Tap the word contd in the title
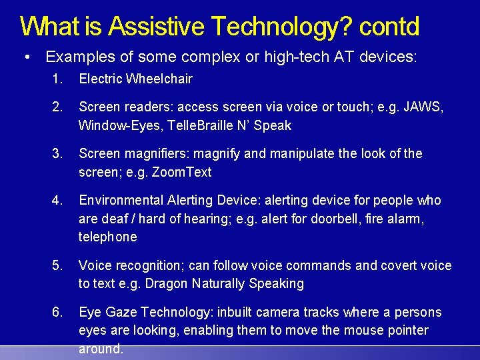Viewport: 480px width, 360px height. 389,26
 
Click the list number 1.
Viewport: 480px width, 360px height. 57,79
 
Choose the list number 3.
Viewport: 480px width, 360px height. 57,154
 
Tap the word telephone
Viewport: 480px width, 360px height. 107,237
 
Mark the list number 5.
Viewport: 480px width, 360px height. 57,265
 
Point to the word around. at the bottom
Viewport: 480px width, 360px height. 101,349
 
